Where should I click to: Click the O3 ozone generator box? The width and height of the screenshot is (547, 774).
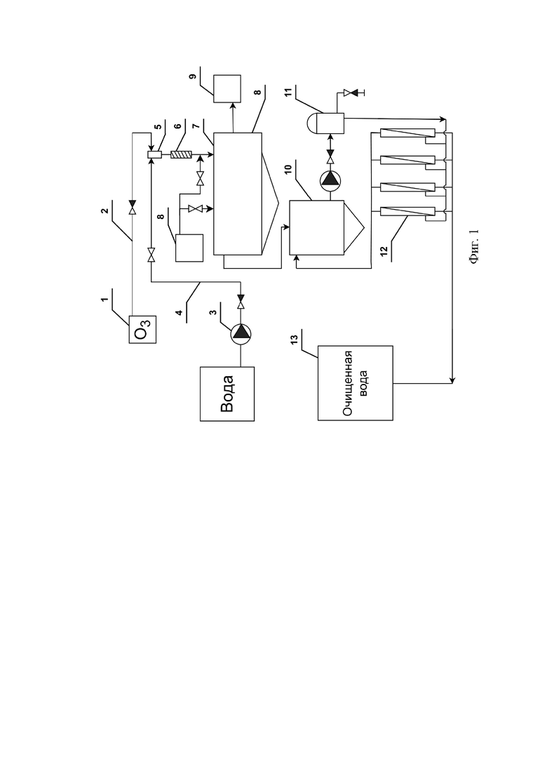point(142,329)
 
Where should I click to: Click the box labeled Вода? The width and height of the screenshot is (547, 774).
point(227,394)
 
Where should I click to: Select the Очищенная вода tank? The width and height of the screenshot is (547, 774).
point(355,382)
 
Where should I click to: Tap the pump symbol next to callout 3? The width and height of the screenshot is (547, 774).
point(241,333)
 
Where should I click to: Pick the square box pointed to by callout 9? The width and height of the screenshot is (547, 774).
point(227,89)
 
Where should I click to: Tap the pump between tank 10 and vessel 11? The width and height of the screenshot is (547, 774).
point(330,180)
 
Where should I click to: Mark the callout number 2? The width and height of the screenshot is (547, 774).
point(104,211)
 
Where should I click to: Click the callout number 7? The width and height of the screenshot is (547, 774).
point(196,127)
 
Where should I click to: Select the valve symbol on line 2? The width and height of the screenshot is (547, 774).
point(132,207)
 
